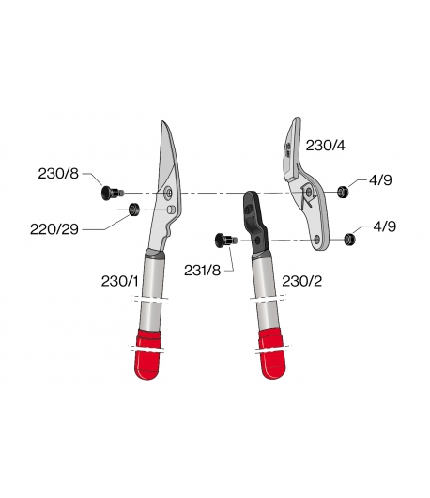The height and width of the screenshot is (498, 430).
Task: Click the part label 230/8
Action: (x=58, y=174)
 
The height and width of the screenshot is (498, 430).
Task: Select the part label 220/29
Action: (x=54, y=229)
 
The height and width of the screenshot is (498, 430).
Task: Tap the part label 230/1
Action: (x=119, y=281)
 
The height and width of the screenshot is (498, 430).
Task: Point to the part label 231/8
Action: (x=202, y=271)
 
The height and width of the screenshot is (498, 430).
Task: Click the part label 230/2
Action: (x=301, y=281)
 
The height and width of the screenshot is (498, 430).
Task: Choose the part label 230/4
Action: (x=325, y=146)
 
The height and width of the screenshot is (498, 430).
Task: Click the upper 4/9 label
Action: (x=380, y=180)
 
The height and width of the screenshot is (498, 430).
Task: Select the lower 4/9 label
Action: (x=385, y=226)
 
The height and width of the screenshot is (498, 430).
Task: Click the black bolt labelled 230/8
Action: (x=112, y=193)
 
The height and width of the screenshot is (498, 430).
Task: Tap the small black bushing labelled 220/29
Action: (x=134, y=210)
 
